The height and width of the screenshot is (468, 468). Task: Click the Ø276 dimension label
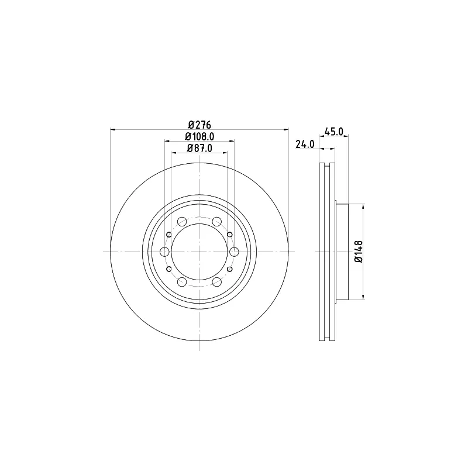pos(199,125)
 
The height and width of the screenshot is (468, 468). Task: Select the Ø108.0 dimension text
pos(199,136)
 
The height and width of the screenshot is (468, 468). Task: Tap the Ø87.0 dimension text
pos(199,148)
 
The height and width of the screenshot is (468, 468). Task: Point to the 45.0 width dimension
pos(333,131)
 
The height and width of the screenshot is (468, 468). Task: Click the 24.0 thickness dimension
pos(305,144)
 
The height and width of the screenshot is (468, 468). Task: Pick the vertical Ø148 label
pos(359,252)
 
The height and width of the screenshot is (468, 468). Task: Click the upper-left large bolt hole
pos(182,222)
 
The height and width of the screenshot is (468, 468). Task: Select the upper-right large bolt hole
pos(217,222)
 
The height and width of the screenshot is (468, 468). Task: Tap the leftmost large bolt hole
pos(165,252)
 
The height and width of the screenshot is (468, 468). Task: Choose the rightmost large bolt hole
pos(235,252)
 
